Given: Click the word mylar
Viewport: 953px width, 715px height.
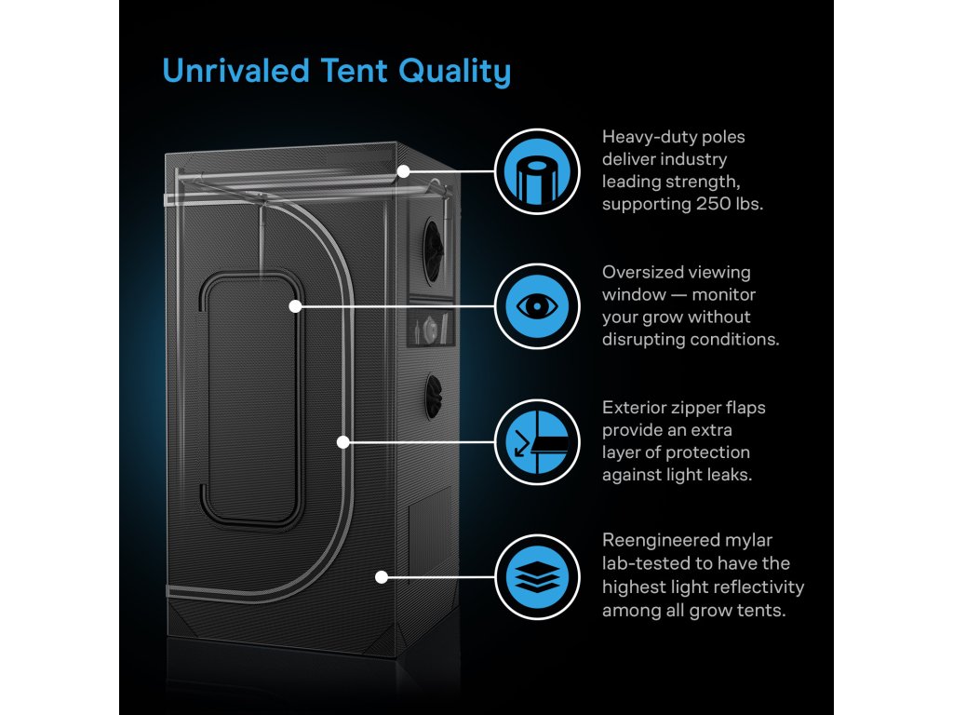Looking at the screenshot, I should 747,540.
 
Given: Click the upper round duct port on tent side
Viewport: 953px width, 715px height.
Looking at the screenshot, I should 435,243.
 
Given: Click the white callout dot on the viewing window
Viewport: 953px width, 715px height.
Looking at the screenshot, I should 295,305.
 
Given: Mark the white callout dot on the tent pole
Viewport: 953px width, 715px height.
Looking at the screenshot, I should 403,171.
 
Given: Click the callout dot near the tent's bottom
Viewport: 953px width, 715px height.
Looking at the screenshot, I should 381,577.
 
